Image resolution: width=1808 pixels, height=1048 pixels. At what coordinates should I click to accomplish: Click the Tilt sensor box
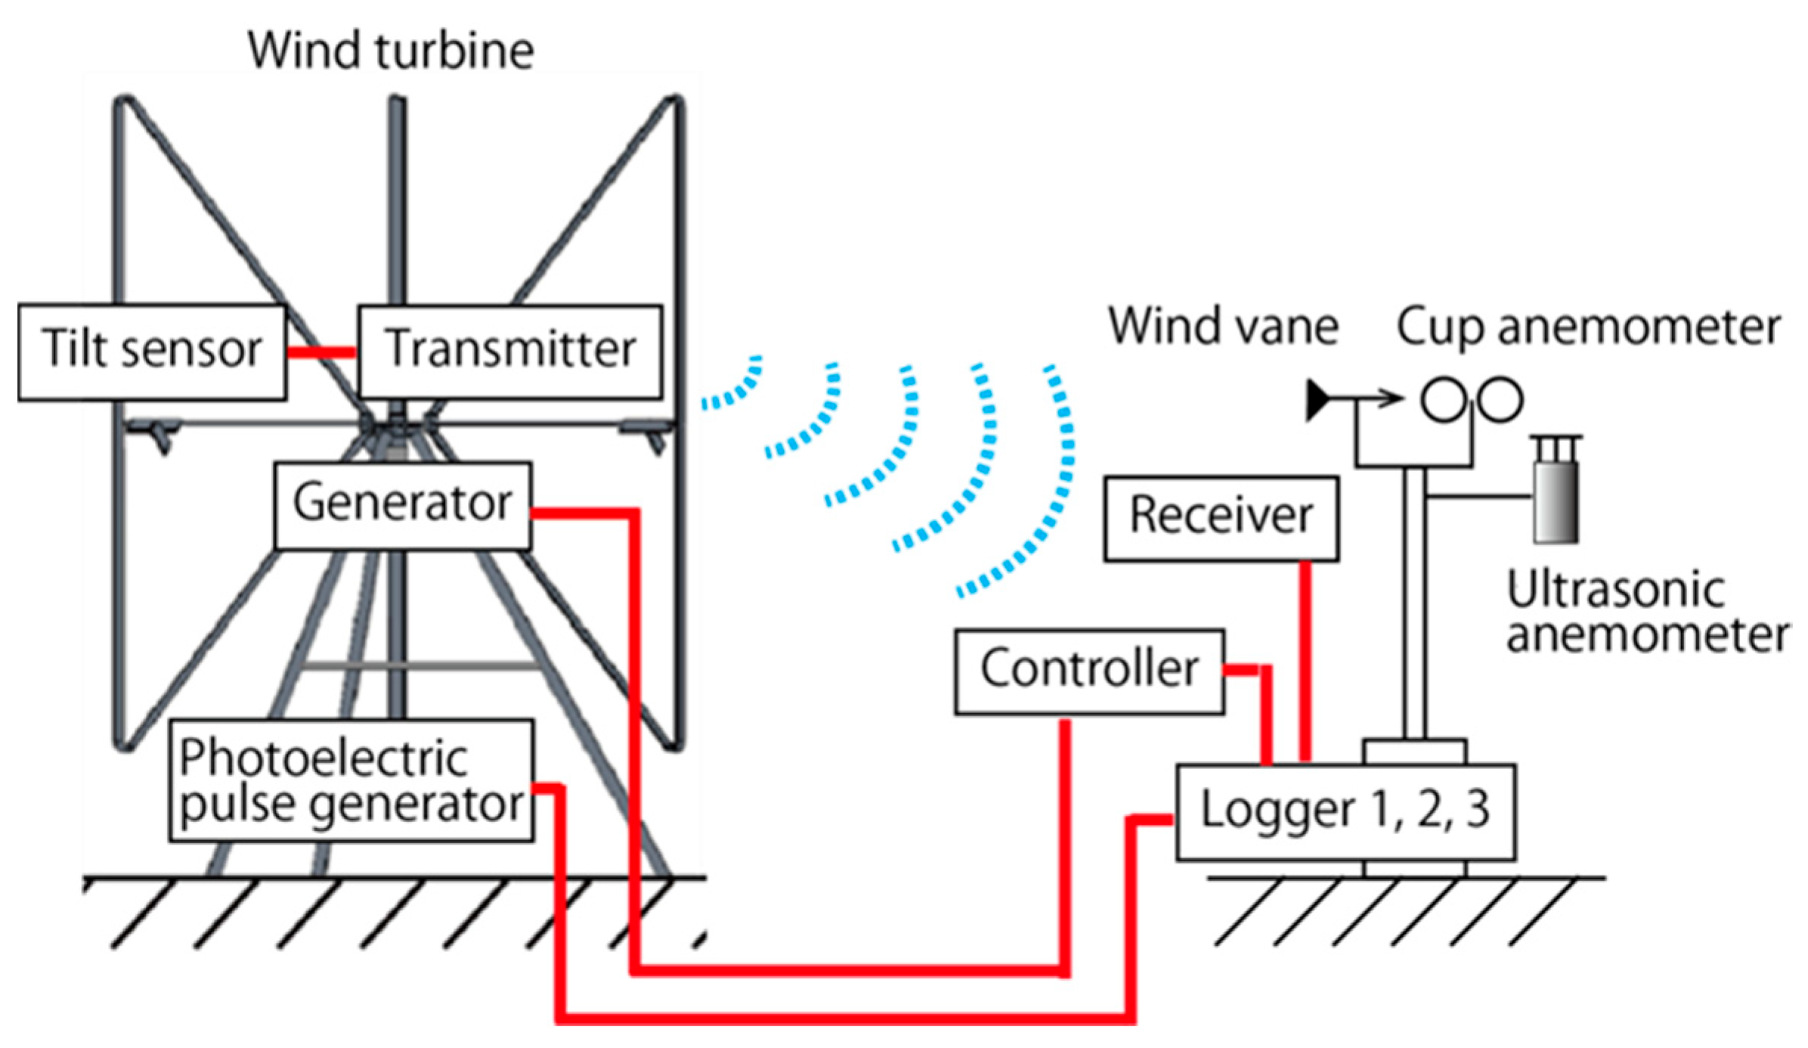tap(152, 352)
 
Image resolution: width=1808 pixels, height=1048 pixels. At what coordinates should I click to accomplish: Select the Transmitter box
tap(510, 352)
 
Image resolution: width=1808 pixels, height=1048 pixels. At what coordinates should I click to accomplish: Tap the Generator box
tap(403, 505)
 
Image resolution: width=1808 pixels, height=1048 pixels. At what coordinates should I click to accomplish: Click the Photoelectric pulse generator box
tap(351, 780)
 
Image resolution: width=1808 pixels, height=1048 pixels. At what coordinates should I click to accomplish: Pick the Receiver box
tap(1221, 519)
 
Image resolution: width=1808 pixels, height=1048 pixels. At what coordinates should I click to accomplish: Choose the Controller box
tap(1089, 671)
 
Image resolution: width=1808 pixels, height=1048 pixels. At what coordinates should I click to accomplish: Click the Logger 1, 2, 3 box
tap(1345, 812)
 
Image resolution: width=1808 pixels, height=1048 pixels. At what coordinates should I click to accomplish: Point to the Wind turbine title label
tap(391, 51)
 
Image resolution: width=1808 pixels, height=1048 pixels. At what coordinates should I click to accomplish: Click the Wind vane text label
tap(1223, 327)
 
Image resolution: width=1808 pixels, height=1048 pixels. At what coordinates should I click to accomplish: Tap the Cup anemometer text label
tap(1588, 327)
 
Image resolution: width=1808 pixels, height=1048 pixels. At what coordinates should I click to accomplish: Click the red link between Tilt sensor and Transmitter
tap(321, 352)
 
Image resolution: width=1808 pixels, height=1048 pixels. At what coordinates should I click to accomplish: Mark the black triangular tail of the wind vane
tap(1317, 400)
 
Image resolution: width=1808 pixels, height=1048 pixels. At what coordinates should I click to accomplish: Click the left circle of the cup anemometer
tap(1444, 399)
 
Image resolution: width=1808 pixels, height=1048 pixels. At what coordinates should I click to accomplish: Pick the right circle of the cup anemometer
tap(1500, 399)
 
